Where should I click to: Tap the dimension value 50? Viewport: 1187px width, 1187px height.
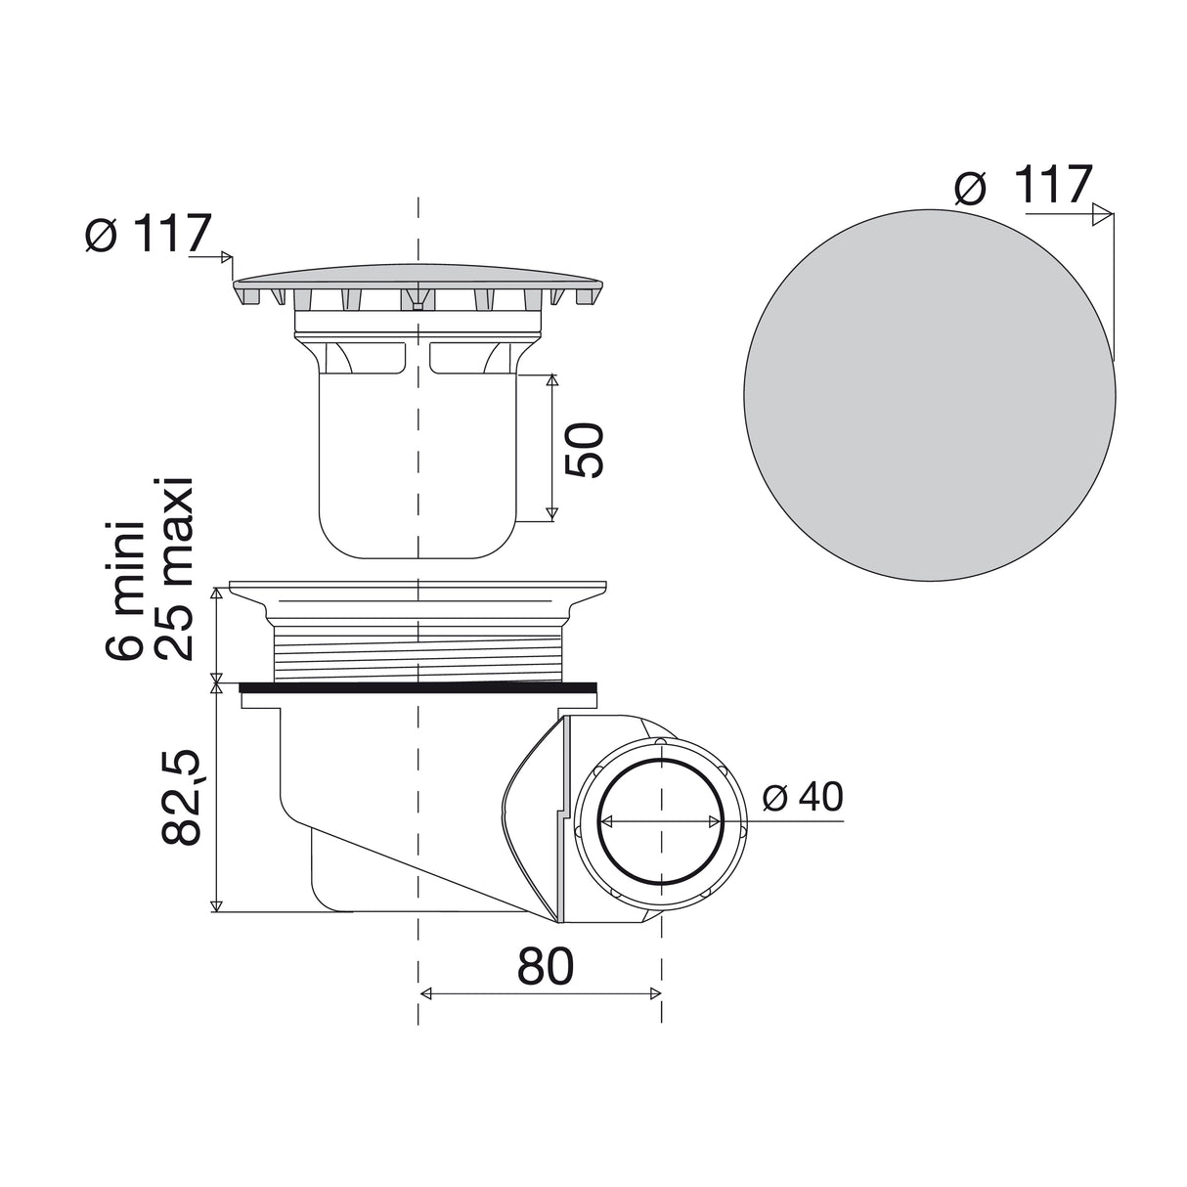(x=585, y=450)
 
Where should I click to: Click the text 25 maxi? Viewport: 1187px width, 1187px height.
(x=176, y=570)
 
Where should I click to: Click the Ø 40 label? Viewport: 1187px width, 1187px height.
(x=801, y=798)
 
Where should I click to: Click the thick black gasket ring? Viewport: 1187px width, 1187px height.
(x=418, y=687)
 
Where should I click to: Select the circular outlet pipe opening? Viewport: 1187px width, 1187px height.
(x=661, y=823)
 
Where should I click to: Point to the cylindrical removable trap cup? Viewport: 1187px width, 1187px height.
(x=418, y=460)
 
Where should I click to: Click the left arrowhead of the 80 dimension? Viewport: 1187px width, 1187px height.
(x=425, y=994)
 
